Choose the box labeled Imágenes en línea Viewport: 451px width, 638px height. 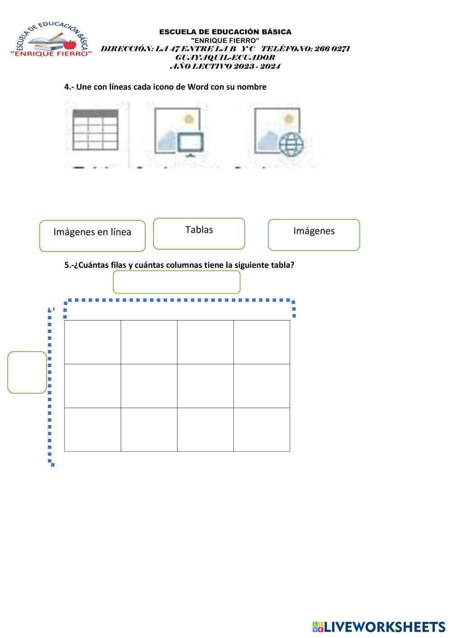pyautogui.click(x=93, y=235)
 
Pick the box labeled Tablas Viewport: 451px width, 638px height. pyautogui.click(x=199, y=233)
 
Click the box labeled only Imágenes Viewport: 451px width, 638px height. pyautogui.click(x=314, y=234)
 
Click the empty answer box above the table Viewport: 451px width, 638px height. pyautogui.click(x=177, y=282)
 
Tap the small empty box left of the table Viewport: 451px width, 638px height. pyautogui.click(x=27, y=372)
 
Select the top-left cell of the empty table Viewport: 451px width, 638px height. pyautogui.click(x=93, y=342)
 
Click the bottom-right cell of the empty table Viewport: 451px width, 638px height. pyautogui.click(x=261, y=429)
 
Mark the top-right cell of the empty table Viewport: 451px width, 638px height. pyautogui.click(x=261, y=342)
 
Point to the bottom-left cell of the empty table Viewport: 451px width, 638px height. pyautogui.click(x=93, y=429)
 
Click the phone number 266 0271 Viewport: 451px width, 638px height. pyautogui.click(x=332, y=49)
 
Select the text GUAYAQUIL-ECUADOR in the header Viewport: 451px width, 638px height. pyautogui.click(x=225, y=57)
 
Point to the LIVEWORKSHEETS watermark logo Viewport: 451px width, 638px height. pyautogui.click(x=378, y=627)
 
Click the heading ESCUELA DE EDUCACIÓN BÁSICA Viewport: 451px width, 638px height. pyautogui.click(x=225, y=32)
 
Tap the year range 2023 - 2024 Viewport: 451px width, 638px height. pyautogui.click(x=257, y=66)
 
